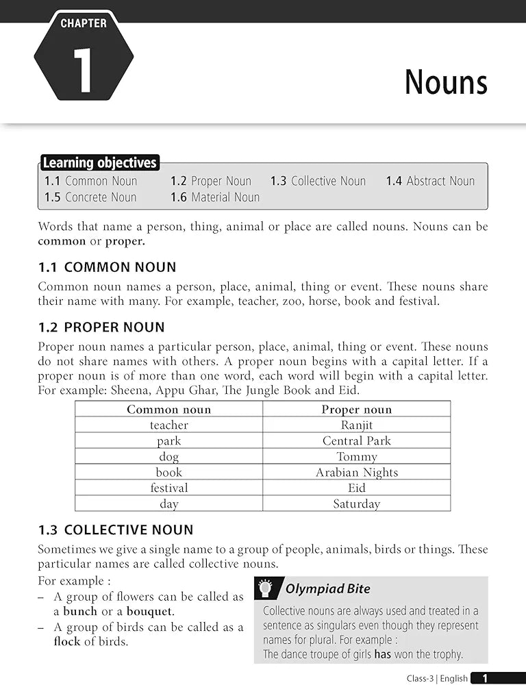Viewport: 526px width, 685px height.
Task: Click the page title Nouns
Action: tap(446, 82)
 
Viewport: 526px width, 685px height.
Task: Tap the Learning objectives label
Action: tap(99, 163)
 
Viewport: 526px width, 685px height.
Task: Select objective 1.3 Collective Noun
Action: tap(318, 181)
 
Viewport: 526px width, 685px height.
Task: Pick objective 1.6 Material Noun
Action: tap(215, 197)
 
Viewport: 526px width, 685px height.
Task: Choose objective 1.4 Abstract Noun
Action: tap(430, 181)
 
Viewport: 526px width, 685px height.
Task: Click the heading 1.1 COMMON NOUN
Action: tap(107, 267)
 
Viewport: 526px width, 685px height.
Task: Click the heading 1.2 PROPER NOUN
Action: tap(101, 327)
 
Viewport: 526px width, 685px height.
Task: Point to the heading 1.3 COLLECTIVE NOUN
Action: tap(116, 530)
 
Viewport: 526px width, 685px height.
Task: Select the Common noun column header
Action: tap(168, 410)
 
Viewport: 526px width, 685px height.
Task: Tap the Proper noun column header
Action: tap(356, 410)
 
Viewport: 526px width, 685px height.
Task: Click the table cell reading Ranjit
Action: tap(356, 425)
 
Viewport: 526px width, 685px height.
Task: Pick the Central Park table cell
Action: tap(356, 441)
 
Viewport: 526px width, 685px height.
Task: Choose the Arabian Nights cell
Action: tap(356, 473)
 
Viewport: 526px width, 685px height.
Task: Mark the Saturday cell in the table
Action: tap(356, 504)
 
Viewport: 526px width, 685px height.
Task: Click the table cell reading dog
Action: tap(168, 457)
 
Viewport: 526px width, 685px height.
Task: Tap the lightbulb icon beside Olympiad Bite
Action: tap(268, 588)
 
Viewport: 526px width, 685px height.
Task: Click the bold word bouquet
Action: tap(150, 611)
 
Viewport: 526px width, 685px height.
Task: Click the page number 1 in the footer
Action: tap(485, 678)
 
